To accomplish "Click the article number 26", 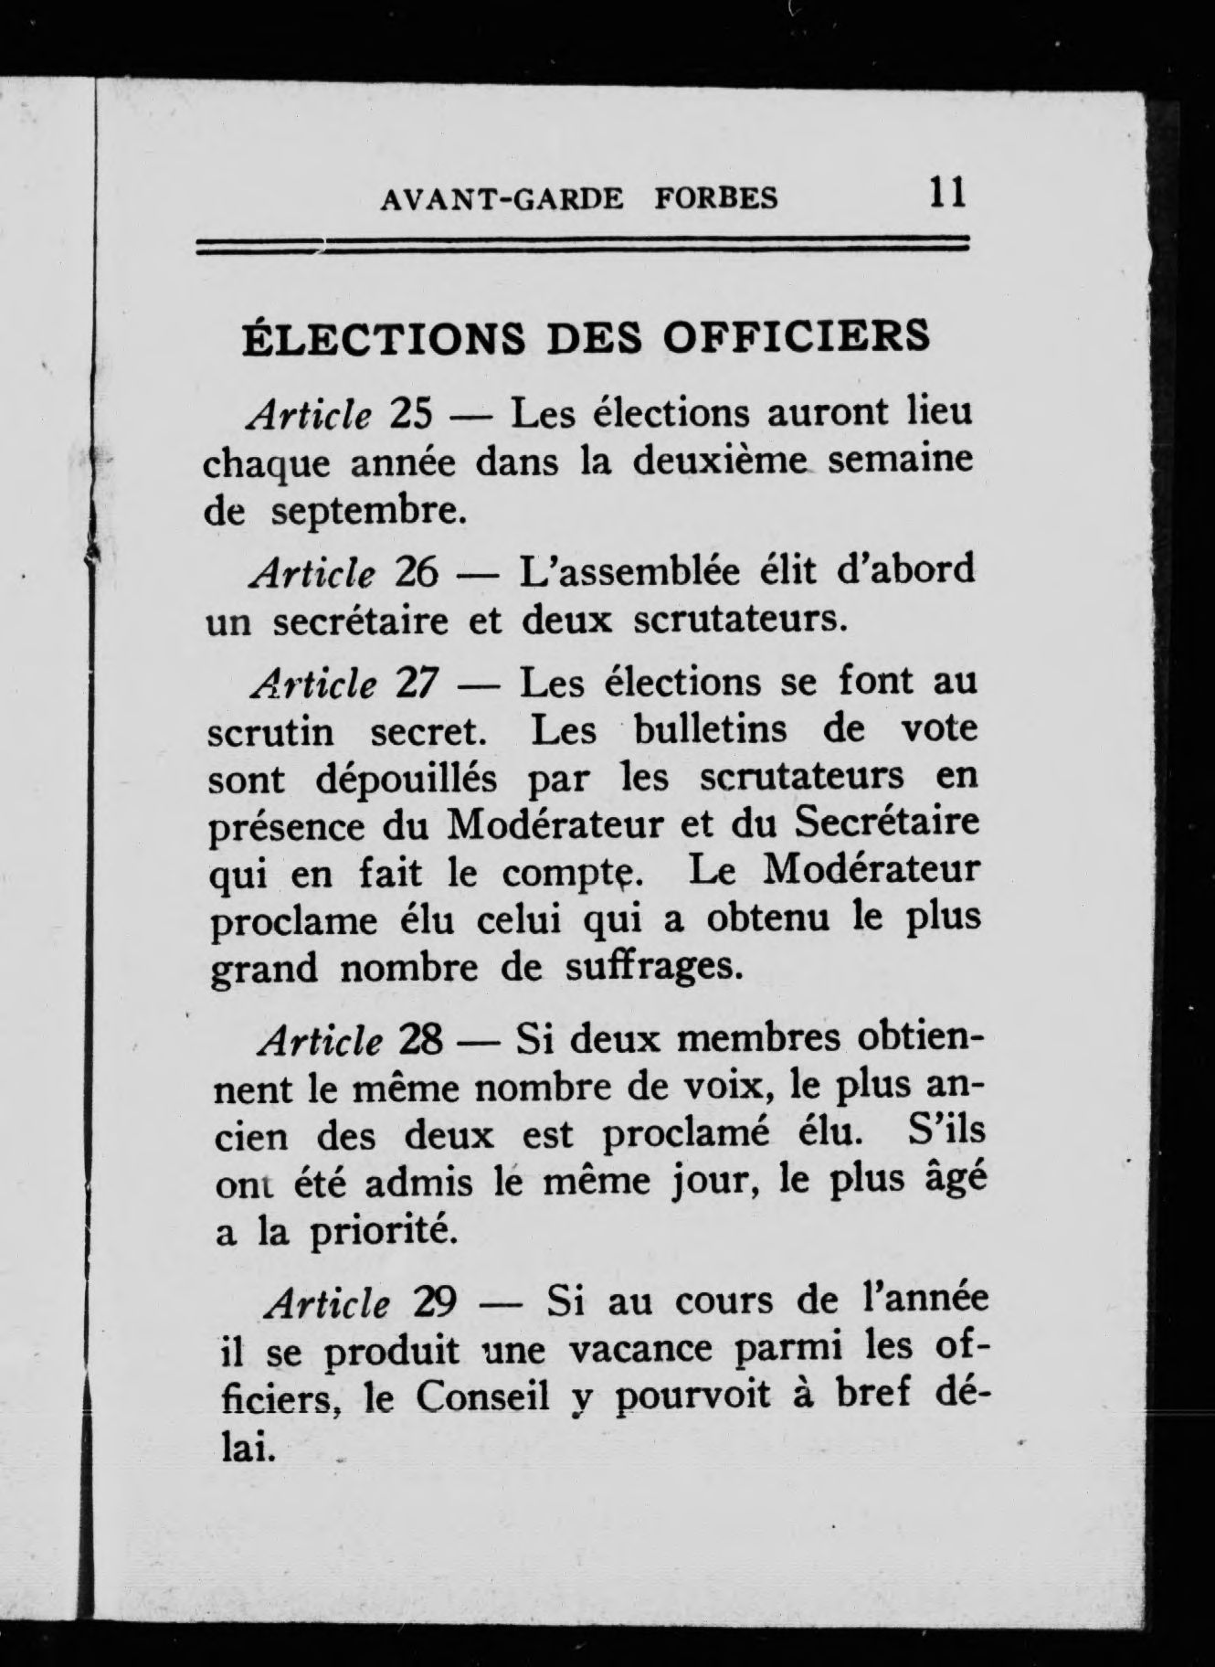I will click(418, 572).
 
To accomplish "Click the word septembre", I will click(369, 512).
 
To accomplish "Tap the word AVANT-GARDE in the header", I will click(502, 198).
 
